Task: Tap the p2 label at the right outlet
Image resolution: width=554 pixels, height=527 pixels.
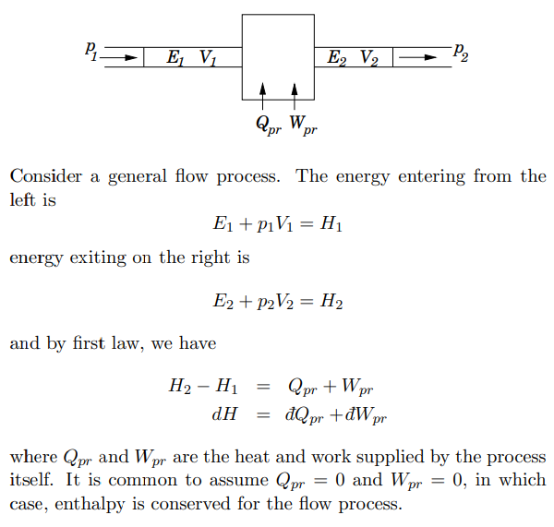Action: point(461,53)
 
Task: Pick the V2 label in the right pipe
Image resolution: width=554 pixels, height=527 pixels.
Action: point(368,58)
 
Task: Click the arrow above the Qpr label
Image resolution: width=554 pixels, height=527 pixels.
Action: point(263,94)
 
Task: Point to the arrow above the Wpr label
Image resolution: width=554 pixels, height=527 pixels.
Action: point(295,94)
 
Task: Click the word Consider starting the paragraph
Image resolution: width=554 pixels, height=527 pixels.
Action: point(46,176)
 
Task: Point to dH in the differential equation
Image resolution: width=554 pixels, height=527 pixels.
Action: point(225,414)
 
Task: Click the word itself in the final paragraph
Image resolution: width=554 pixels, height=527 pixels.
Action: point(31,481)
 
